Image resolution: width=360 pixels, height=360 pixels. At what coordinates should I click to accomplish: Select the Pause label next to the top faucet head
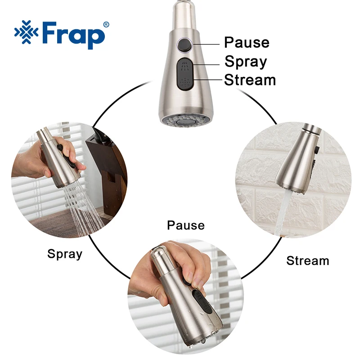coord(247,43)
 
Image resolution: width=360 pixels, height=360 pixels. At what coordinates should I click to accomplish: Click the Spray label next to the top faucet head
coord(246,62)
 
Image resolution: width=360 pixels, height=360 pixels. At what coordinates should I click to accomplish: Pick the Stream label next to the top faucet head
coord(250,80)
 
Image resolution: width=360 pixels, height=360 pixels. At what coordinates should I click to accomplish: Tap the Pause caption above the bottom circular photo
coord(185,225)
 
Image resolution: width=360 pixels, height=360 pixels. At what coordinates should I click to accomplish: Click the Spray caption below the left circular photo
coord(65,254)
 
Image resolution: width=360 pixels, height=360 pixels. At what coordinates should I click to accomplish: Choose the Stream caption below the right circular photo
coord(307,261)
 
